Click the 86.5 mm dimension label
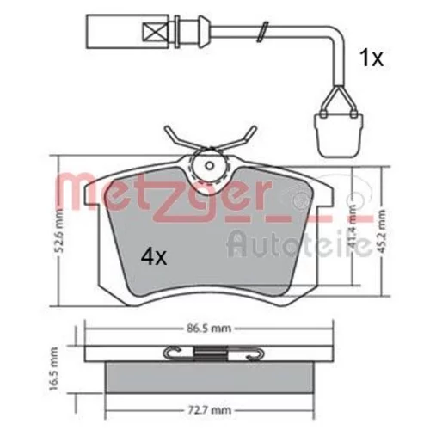click(209, 328)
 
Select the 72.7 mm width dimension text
click(209, 410)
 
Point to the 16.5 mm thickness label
click(53, 369)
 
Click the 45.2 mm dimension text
click(382, 232)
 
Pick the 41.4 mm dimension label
click(353, 226)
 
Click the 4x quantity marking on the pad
click(154, 257)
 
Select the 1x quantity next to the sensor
click(372, 58)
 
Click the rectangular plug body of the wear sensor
click(128, 31)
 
